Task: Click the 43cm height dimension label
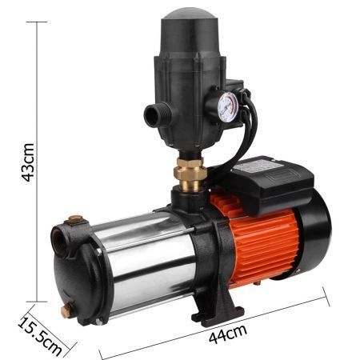tap(28, 162)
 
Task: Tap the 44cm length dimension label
tap(227, 334)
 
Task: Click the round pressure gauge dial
tap(227, 107)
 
